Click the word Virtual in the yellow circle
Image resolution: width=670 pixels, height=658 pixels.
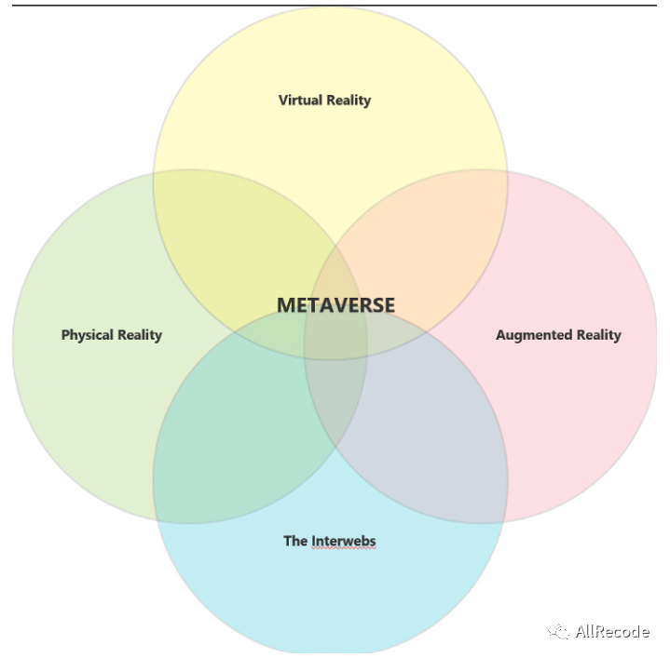click(x=298, y=100)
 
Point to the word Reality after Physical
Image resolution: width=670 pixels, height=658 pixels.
click(x=139, y=335)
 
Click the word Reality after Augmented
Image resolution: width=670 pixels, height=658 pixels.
click(x=598, y=335)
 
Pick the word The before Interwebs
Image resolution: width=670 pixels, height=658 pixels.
click(x=295, y=541)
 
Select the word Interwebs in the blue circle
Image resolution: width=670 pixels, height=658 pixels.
click(x=343, y=541)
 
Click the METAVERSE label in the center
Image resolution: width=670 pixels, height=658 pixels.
click(x=335, y=305)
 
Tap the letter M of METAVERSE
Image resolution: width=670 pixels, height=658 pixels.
click(x=285, y=305)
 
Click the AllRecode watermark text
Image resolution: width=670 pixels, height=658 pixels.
click(x=611, y=632)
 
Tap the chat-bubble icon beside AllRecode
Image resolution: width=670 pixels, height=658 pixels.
click(x=559, y=632)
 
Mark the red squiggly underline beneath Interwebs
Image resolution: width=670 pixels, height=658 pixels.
click(x=343, y=550)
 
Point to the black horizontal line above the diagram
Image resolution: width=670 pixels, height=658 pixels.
click(x=335, y=5)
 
